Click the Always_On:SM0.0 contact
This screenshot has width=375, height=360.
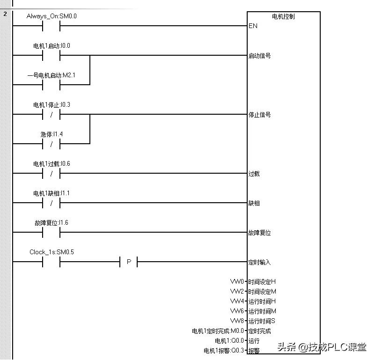point(51,26)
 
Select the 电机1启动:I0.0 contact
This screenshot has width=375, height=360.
point(51,55)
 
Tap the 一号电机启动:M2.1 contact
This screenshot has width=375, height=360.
point(51,85)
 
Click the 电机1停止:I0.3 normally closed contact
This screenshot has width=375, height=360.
point(51,114)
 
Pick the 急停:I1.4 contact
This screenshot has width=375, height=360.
point(51,144)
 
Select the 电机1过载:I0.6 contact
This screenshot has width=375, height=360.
point(51,173)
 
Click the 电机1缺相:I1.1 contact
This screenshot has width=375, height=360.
point(51,203)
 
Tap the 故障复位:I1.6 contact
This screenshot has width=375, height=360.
point(51,232)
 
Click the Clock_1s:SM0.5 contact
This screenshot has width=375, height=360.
point(51,262)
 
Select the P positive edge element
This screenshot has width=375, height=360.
point(129,262)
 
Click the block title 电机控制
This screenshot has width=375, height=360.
point(283,16)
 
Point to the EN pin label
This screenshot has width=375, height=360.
point(253,26)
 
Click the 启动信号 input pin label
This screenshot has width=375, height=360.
point(259,56)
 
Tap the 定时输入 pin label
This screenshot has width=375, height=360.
point(259,262)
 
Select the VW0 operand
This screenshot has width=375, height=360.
point(237,281)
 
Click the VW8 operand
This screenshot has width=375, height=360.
point(237,321)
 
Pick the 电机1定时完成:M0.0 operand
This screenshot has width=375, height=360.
point(218,331)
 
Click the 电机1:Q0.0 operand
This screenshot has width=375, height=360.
point(229,341)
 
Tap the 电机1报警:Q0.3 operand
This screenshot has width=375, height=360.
point(224,350)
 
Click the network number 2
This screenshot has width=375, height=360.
point(5,14)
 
